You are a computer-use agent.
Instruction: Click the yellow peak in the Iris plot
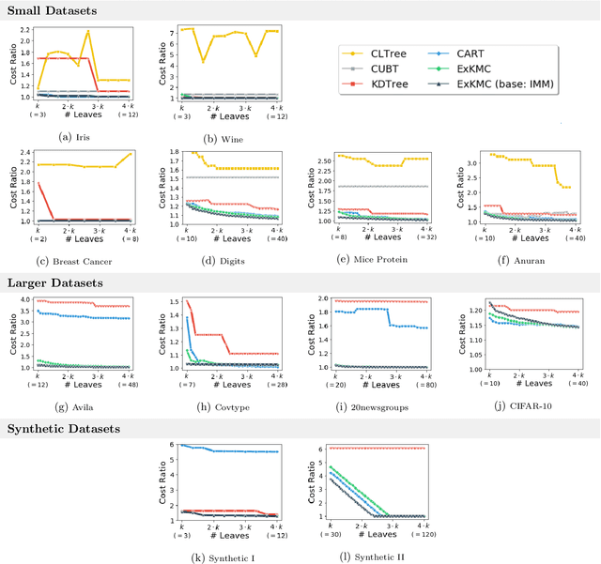click(x=88, y=32)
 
